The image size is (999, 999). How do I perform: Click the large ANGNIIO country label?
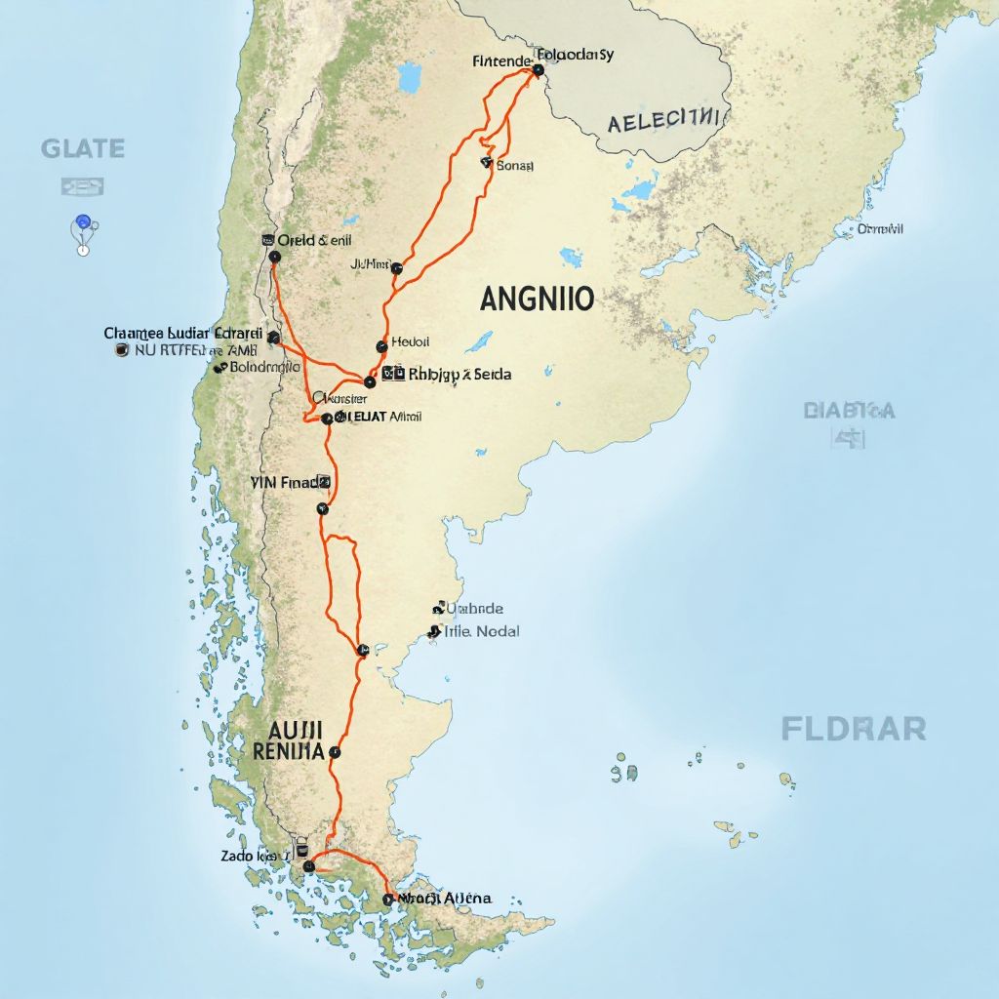coord(537,299)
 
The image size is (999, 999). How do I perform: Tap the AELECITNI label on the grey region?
coord(666,122)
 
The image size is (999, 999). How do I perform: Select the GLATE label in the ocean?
coord(83,149)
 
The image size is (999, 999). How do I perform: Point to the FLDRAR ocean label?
coord(854,728)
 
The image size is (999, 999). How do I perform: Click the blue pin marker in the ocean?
coord(83,223)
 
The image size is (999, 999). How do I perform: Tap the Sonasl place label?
coord(515,166)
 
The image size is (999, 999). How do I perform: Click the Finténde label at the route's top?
coord(500,60)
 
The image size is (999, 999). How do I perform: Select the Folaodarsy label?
coord(576,55)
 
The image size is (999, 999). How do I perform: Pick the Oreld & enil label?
coord(315,240)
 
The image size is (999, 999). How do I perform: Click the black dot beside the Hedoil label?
coord(380,346)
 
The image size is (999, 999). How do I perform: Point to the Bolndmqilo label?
coord(264,368)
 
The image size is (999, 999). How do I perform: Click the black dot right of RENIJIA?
coord(335,752)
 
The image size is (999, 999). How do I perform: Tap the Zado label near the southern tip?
coord(250,856)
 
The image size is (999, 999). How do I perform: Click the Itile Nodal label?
coord(482,631)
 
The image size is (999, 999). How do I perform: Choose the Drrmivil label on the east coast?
coord(880,229)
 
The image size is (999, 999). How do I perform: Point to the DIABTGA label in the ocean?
coord(849,411)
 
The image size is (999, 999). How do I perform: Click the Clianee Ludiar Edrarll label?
coord(183,333)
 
